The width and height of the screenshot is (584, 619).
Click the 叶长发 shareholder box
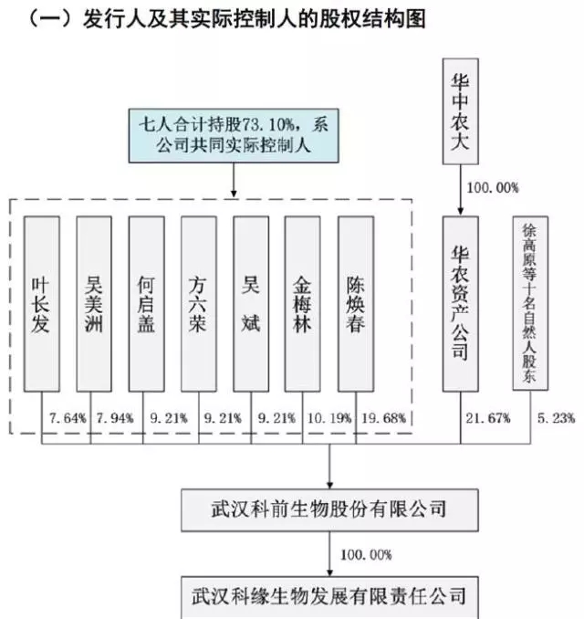[x=42, y=304]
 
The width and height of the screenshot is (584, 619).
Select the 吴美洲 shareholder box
[x=94, y=304]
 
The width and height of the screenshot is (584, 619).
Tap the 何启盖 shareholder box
[x=146, y=304]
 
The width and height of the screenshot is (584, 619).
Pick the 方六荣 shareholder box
[x=199, y=304]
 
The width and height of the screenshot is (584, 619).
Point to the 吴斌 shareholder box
[x=251, y=304]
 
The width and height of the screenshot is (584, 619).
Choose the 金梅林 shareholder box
[x=303, y=304]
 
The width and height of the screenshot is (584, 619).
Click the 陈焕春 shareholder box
[x=356, y=304]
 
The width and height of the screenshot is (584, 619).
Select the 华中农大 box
[x=461, y=111]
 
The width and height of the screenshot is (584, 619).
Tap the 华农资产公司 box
[x=461, y=304]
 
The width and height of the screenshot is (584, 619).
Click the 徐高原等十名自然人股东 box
[x=530, y=303]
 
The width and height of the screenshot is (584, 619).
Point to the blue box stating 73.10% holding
[x=234, y=135]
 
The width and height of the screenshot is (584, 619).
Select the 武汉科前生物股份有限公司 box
[x=330, y=510]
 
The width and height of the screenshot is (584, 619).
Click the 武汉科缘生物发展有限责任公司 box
[x=330, y=597]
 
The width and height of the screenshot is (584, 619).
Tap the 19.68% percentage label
[x=383, y=418]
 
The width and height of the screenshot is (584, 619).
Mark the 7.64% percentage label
[x=68, y=418]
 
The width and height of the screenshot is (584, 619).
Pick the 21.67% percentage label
[x=488, y=418]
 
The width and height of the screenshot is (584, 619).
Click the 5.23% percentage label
[x=556, y=418]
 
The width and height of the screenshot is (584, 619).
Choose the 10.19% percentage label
[x=329, y=418]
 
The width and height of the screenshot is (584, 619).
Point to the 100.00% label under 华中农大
[x=493, y=188]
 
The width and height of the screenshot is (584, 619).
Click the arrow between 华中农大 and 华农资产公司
[x=461, y=190]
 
